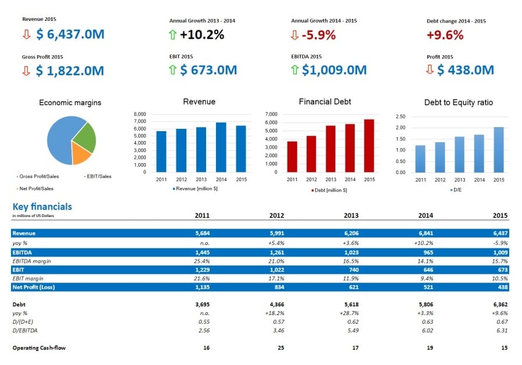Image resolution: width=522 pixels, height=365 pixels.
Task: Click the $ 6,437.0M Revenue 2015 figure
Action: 70,34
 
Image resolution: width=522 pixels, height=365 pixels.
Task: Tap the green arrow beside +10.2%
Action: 173,35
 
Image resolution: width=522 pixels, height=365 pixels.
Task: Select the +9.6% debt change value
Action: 445,35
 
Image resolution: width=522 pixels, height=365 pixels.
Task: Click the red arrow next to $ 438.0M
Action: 430,70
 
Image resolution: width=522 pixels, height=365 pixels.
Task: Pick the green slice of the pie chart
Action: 85,136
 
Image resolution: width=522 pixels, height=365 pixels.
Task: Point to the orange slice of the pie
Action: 81,154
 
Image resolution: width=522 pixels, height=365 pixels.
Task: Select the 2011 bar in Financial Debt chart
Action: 292,157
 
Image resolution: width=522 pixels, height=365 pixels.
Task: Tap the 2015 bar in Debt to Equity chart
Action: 499,150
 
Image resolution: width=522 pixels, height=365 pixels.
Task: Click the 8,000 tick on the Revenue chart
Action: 140,114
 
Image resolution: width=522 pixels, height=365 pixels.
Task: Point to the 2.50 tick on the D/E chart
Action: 399,117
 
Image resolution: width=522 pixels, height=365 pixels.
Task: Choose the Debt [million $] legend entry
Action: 329,190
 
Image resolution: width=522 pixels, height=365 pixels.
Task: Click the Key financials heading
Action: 42,207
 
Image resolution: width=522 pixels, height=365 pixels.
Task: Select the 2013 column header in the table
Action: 351,215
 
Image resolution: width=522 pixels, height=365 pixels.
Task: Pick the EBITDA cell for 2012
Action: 277,252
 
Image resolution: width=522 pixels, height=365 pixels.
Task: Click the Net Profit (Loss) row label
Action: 34,287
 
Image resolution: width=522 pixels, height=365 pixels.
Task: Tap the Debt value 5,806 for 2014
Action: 425,303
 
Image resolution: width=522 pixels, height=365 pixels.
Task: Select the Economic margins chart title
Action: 70,103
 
